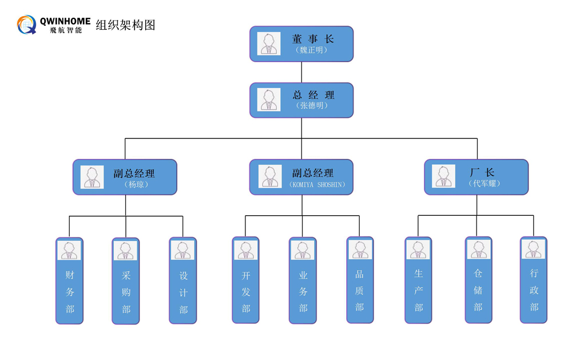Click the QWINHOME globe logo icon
(27, 25)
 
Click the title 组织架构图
(125, 25)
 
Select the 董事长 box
(301, 44)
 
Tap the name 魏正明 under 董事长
(312, 50)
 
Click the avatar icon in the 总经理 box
(269, 100)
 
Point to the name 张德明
(312, 105)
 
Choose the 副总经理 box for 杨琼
(125, 177)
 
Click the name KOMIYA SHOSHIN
(317, 185)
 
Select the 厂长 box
(476, 177)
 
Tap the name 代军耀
(484, 183)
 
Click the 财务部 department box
(69, 280)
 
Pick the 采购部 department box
(125, 281)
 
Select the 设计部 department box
(183, 280)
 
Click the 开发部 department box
(245, 280)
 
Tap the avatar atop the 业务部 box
(303, 250)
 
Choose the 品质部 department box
(360, 280)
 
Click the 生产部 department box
(418, 280)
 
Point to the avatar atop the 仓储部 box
(479, 249)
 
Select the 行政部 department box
(533, 280)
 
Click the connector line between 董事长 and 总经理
(301, 72)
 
